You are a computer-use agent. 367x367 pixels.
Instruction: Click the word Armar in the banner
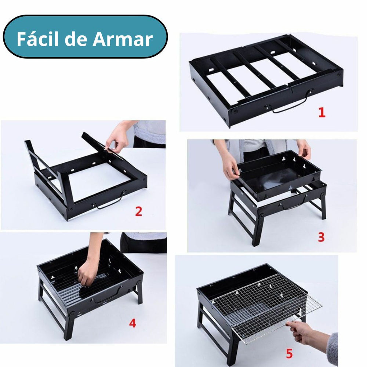pyautogui.click(x=123, y=39)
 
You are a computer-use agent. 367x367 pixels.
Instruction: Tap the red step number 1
pyautogui.click(x=321, y=113)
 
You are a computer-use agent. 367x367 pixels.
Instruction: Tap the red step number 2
pyautogui.click(x=138, y=212)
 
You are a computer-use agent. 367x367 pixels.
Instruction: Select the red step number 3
pyautogui.click(x=321, y=237)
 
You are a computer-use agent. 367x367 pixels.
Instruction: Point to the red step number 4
pyautogui.click(x=132, y=323)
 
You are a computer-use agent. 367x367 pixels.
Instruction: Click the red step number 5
pyautogui.click(x=289, y=354)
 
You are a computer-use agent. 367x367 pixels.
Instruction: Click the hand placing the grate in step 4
pyautogui.click(x=87, y=273)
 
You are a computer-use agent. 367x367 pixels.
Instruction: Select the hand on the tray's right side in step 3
pyautogui.click(x=304, y=148)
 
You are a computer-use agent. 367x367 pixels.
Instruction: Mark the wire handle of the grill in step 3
pyautogui.click(x=294, y=204)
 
